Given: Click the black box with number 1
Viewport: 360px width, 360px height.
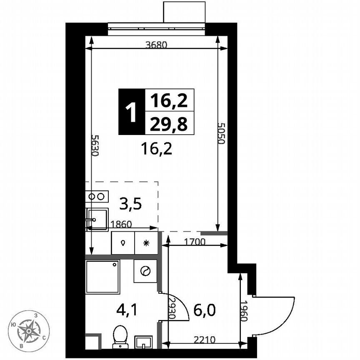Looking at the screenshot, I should tap(132, 112).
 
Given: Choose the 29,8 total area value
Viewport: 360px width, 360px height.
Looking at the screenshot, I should tap(169, 123).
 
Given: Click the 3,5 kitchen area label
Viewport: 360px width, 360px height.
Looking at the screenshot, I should tap(130, 204).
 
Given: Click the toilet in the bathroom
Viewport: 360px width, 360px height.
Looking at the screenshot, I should tap(121, 336).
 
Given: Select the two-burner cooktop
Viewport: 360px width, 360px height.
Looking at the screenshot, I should tap(97, 196).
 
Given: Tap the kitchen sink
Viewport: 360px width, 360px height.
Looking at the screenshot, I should tap(97, 219).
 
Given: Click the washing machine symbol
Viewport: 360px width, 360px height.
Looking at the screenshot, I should tap(145, 271).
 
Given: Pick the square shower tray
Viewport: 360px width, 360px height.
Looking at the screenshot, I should tap(102, 277).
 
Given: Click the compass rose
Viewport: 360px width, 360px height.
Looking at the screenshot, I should tap(29, 331).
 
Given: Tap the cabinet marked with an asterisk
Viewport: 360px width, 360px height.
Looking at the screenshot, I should tap(146, 243).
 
